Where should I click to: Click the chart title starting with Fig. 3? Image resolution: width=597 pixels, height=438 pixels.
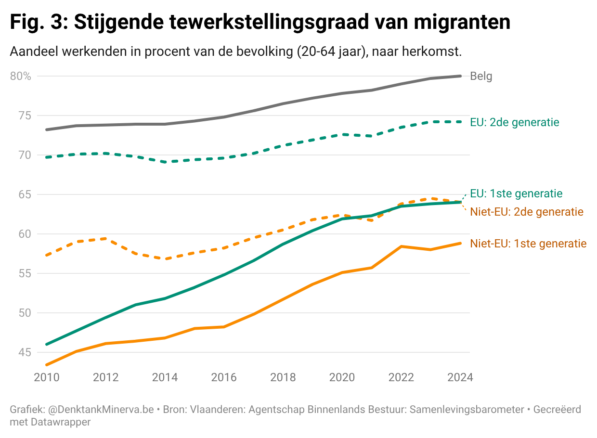point(260,22)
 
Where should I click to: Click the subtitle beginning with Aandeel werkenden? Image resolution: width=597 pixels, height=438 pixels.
point(236,52)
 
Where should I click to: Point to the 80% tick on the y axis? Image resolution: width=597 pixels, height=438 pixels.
point(20,76)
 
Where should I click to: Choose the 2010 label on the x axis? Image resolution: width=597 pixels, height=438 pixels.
point(47,377)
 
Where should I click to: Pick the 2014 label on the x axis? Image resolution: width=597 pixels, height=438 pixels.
point(165,377)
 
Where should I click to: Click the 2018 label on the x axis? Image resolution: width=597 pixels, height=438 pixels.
point(283,377)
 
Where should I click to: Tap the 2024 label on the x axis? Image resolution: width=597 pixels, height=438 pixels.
point(460,377)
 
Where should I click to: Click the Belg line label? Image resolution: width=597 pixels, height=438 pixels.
point(481,76)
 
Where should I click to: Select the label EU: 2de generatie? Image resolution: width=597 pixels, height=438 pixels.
point(515,122)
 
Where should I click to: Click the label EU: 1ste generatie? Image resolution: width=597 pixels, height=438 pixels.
point(516,193)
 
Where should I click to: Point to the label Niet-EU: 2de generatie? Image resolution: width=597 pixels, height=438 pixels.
point(527,212)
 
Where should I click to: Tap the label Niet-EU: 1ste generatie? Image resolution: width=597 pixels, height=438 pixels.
point(528,244)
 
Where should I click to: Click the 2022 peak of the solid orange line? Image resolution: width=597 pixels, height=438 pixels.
point(401,246)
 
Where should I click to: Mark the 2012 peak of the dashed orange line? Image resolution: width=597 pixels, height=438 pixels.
point(105,238)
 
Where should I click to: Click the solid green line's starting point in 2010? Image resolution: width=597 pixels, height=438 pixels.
point(47,344)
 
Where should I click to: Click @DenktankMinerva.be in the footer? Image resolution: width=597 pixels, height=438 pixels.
point(101,410)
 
